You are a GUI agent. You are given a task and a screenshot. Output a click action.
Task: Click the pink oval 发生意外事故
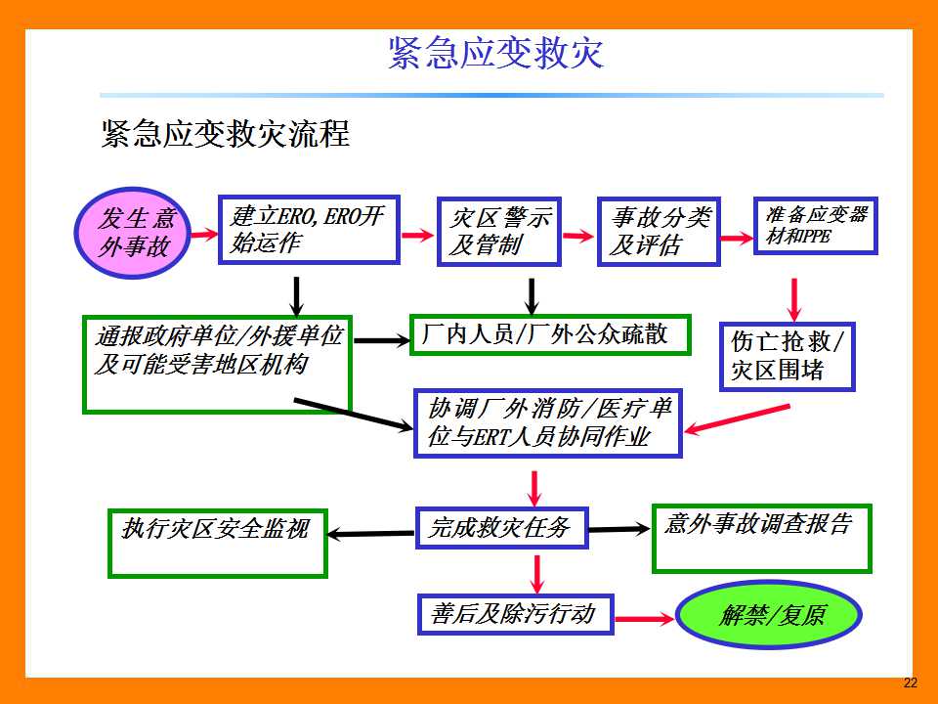coord(133,233)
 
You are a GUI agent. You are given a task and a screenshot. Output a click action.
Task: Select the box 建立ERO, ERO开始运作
coord(309,229)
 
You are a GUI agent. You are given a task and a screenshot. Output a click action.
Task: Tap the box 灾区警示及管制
coord(499,231)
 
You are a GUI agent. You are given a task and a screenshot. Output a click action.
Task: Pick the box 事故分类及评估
coord(659,231)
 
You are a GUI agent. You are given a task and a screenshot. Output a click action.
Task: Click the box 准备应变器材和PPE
coord(815,226)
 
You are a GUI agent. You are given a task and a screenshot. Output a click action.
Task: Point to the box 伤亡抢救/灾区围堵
coord(787,357)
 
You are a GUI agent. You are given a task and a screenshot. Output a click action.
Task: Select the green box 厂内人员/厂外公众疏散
coord(550,334)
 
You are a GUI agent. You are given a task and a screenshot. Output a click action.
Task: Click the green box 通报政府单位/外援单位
coord(217,365)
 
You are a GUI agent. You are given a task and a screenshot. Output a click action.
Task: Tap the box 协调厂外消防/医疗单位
coord(548,423)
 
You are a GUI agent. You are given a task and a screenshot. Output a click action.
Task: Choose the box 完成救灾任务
coord(502,528)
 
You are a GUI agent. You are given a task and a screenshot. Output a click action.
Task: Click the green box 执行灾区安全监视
coord(218,544)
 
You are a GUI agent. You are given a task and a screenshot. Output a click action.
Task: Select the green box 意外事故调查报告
coord(761,539)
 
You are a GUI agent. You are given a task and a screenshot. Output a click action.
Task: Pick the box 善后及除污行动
coord(516,614)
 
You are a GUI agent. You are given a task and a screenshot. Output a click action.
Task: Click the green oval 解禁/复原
coord(769,615)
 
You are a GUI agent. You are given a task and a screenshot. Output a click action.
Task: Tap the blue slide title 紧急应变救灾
coord(496,53)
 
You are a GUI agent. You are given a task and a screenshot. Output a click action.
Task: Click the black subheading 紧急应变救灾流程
coord(226,133)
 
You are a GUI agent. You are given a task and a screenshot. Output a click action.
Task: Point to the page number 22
coord(910,682)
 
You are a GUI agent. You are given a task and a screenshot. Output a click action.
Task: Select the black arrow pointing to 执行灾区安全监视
coord(371,534)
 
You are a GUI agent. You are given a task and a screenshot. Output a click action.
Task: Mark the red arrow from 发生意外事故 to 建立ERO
coord(204,234)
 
